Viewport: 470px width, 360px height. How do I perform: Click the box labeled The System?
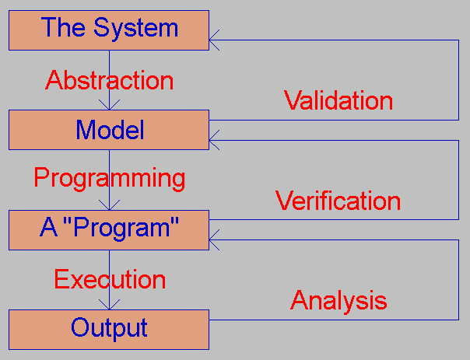click(109, 30)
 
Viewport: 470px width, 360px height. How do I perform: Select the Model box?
click(109, 130)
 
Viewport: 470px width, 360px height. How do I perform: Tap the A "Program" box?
click(109, 229)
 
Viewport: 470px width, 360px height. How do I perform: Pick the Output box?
click(109, 330)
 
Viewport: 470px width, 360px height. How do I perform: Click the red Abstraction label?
click(110, 79)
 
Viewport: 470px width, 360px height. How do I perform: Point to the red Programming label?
click(110, 179)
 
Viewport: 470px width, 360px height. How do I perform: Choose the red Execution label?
click(110, 279)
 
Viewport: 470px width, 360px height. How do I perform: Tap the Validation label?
click(338, 100)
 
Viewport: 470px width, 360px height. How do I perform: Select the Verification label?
click(338, 201)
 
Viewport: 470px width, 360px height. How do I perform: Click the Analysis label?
click(338, 300)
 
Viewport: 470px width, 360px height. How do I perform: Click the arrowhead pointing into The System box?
click(214, 40)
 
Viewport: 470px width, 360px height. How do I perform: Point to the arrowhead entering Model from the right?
click(214, 140)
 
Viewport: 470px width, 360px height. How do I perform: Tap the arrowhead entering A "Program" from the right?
click(214, 239)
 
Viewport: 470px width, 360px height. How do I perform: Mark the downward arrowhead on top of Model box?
click(110, 105)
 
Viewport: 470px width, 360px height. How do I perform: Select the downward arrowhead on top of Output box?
click(110, 305)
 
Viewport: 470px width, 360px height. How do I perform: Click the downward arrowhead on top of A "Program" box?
click(110, 204)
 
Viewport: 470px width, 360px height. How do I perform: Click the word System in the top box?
click(136, 29)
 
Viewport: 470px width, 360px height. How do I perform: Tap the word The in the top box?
click(63, 27)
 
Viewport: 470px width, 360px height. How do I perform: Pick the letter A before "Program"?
click(48, 227)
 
